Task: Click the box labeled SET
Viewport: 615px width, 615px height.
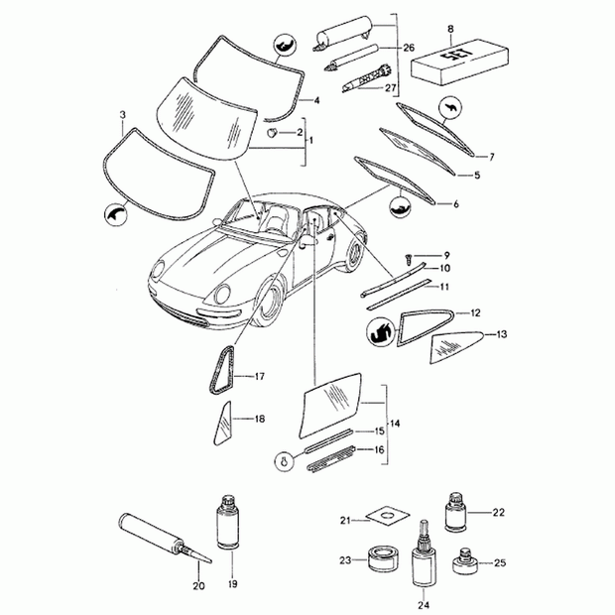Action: tap(459, 61)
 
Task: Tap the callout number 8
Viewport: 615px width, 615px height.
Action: tap(450, 29)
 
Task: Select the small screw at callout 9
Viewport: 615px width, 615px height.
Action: tap(409, 258)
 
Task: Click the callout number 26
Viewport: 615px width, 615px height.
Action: tap(409, 48)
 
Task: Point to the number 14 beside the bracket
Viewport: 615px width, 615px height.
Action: tap(395, 424)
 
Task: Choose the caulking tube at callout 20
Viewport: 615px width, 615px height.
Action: tap(165, 538)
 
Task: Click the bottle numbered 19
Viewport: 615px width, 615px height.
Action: tap(227, 522)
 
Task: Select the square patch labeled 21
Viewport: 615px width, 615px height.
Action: tap(388, 515)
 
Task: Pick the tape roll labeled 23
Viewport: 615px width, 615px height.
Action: tap(383, 558)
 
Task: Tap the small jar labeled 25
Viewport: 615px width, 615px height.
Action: tap(465, 561)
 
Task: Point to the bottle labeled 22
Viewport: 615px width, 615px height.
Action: tap(456, 513)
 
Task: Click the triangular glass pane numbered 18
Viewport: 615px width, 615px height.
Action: tap(222, 424)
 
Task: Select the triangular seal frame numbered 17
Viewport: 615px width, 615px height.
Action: tap(223, 369)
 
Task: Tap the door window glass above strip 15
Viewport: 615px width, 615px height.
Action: tap(330, 405)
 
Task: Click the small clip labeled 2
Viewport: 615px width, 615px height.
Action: tap(272, 133)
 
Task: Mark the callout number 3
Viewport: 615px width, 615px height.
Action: tap(123, 115)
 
